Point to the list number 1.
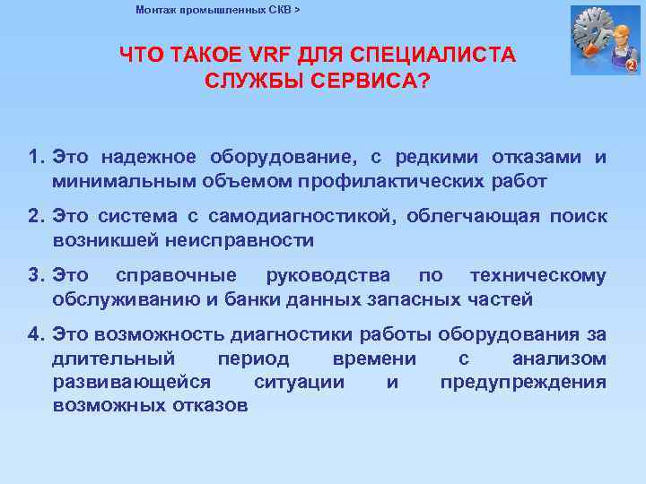tap(35, 159)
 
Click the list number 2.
tap(35, 217)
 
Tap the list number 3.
tap(35, 276)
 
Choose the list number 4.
tap(35, 335)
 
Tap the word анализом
tap(558, 359)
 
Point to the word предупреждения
tap(522, 382)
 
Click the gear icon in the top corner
tap(602, 38)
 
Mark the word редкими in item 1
tap(434, 159)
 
